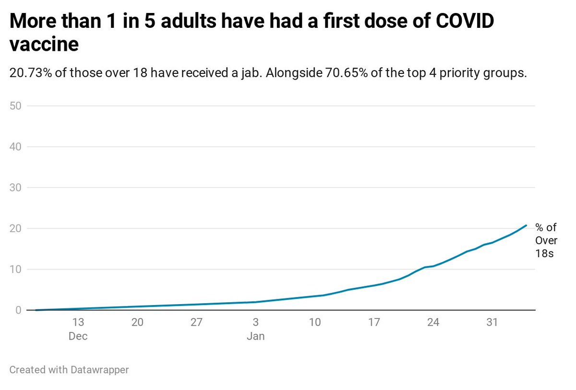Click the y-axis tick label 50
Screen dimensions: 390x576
15,106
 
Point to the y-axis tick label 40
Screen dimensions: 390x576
15,146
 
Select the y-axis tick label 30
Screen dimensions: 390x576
15,188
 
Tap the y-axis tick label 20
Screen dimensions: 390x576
15,228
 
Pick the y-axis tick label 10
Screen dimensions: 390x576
15,269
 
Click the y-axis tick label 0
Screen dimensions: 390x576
18,310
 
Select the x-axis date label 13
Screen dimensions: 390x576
78,322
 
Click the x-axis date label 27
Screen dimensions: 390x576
196,322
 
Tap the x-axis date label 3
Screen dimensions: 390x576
255,322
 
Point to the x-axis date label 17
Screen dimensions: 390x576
374,322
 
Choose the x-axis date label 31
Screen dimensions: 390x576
492,322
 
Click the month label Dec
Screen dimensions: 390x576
78,336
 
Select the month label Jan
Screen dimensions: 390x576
255,336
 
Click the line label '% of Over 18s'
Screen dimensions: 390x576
546,241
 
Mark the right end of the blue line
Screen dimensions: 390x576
527,225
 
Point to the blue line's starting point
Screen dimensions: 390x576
36,310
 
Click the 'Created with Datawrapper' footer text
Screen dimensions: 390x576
69,370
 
